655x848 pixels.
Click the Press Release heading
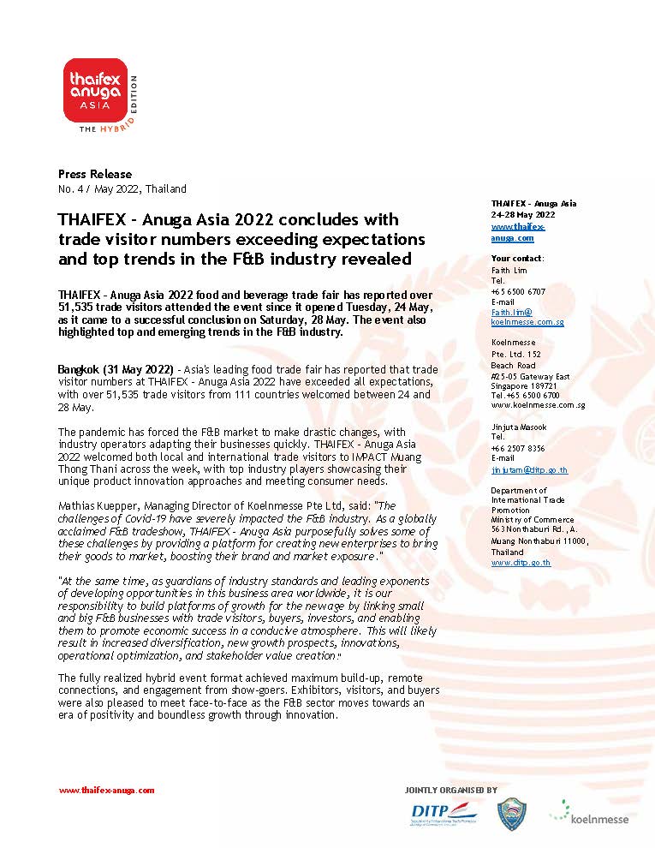coord(83,174)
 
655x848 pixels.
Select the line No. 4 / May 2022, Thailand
coord(122,188)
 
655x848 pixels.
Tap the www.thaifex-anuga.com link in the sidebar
coord(517,232)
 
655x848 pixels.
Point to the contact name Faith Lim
coord(509,270)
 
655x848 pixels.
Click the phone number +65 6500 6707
coord(518,291)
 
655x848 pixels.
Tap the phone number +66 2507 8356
coord(518,448)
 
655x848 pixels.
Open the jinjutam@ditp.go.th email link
coord(529,470)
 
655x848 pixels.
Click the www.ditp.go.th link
coord(521,563)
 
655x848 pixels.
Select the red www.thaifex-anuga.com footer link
coord(106,791)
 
